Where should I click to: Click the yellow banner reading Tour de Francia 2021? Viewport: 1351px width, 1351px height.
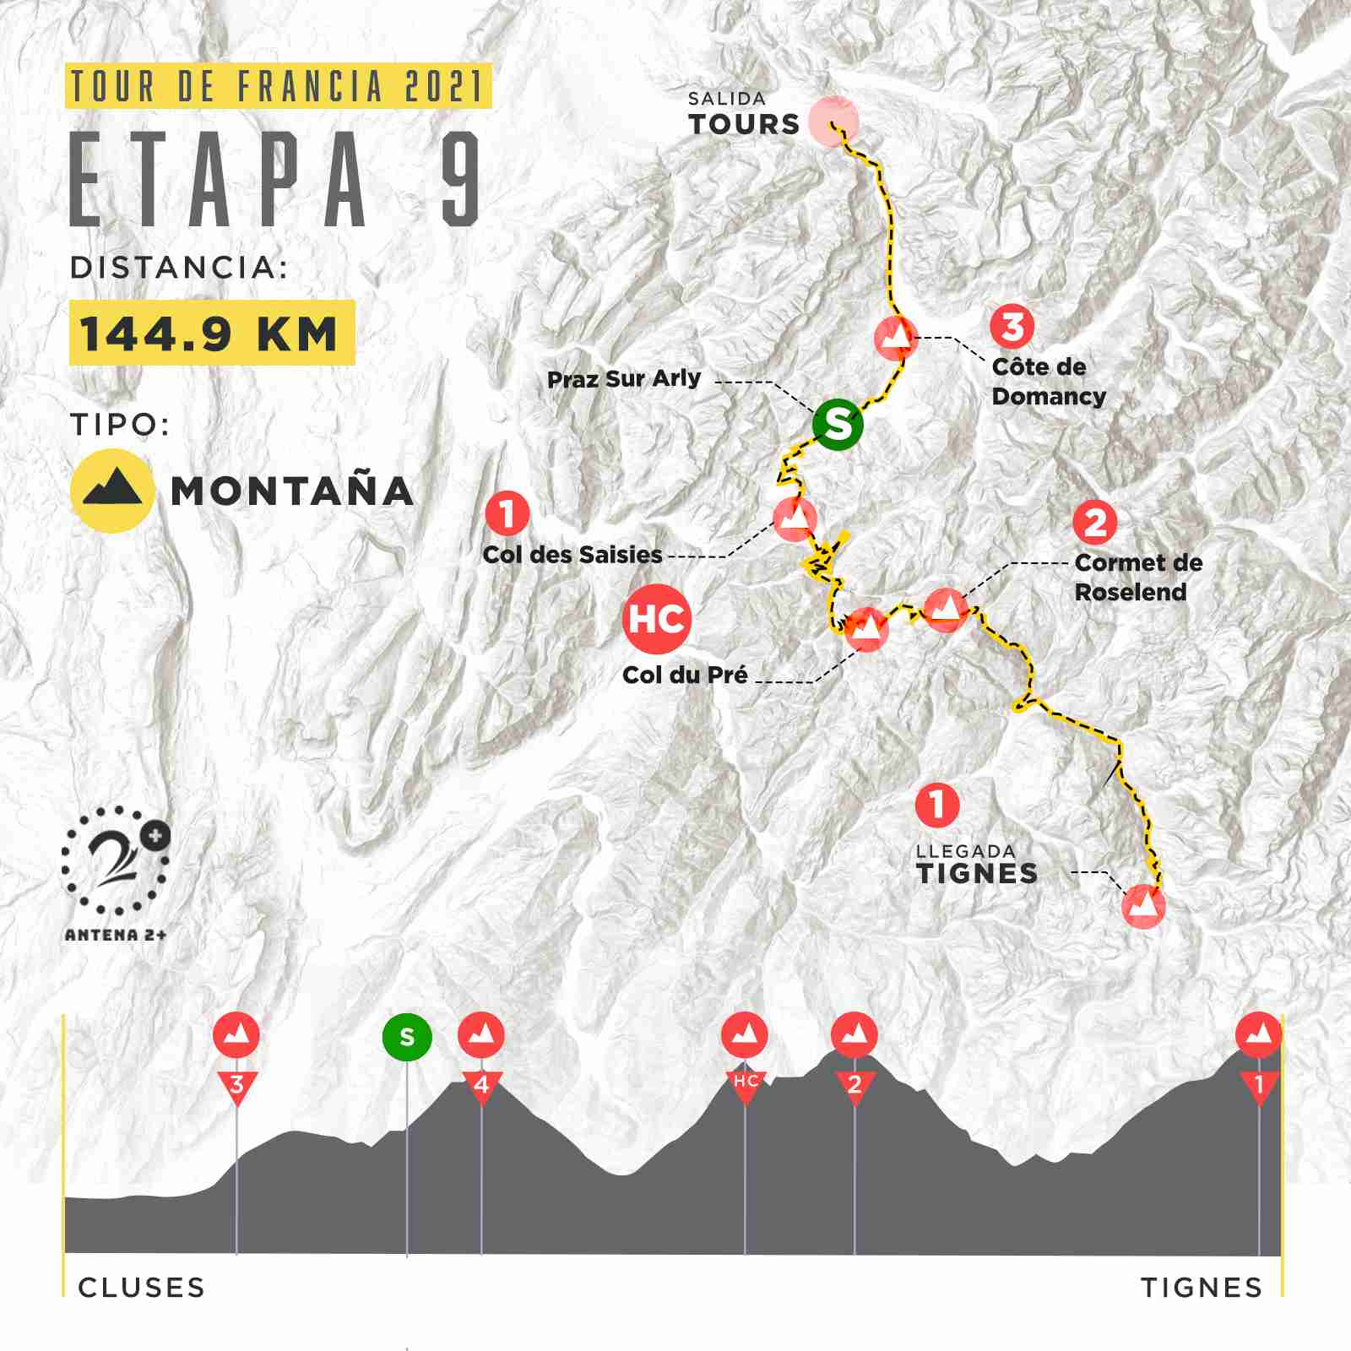coord(279,87)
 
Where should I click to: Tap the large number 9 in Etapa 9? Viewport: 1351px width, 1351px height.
coord(460,179)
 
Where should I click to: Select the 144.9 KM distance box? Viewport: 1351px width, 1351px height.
coord(211,333)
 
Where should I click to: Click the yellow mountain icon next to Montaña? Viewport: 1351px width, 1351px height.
coord(111,491)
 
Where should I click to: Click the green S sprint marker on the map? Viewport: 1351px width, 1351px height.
coord(838,425)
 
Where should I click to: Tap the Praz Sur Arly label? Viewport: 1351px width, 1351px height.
coord(624,379)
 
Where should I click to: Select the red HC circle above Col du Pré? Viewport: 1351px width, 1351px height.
coord(657,619)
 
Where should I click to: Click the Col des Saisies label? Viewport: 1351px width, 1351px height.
coord(572,555)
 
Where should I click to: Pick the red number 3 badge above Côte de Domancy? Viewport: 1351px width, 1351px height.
coord(1012,326)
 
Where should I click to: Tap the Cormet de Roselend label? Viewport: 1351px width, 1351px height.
coord(1137,577)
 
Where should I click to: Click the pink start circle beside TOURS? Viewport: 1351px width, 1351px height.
coord(833,122)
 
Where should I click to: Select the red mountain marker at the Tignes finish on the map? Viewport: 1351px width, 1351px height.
coord(1143,907)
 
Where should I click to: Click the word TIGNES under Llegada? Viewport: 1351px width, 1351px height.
coord(977,873)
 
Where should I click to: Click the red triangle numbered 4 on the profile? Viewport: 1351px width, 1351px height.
coord(481,1084)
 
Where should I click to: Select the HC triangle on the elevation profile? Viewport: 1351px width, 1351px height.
coord(745,1084)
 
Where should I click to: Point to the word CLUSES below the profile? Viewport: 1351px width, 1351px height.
coord(141,1288)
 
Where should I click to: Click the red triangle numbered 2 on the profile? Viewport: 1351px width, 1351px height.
coord(855,1084)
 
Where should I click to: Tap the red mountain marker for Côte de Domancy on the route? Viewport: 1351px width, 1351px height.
coord(896,337)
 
